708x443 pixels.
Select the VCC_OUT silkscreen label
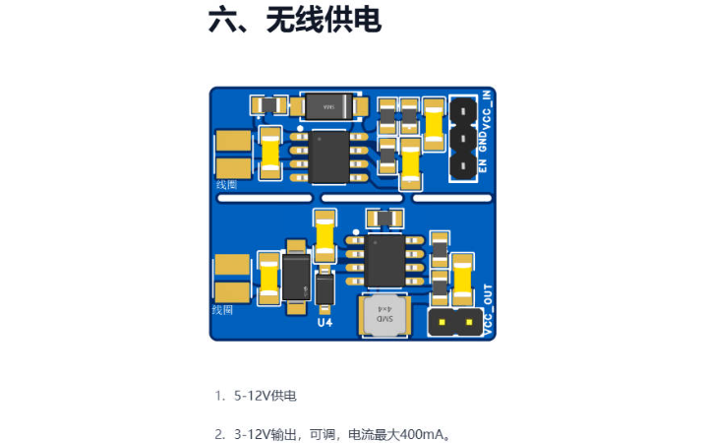[x=487, y=310]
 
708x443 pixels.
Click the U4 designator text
[x=324, y=322]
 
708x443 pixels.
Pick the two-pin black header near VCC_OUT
[x=453, y=321]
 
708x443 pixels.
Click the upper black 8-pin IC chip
[x=329, y=156]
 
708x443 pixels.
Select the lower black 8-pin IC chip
[x=384, y=260]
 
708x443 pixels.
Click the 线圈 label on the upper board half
[x=225, y=184]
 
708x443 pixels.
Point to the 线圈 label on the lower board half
[x=223, y=310]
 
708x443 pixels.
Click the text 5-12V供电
[x=265, y=396]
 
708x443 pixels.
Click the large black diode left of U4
[x=296, y=278]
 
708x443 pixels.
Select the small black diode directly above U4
[x=324, y=285]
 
